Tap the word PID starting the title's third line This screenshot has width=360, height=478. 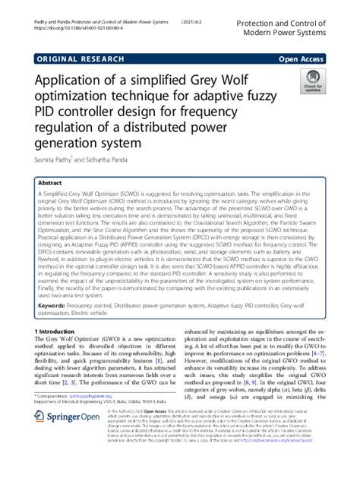pyautogui.click(x=48, y=110)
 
